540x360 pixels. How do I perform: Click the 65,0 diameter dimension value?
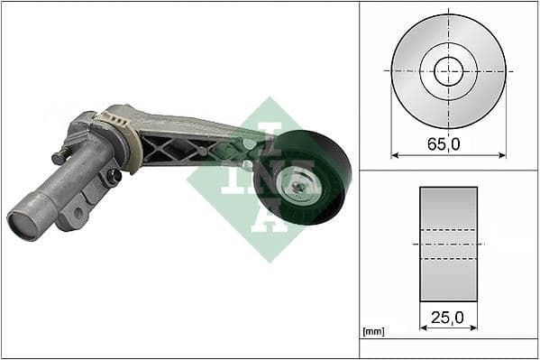[449, 143]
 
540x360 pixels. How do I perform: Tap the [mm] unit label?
[372, 332]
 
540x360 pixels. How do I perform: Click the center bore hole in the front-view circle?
[448, 70]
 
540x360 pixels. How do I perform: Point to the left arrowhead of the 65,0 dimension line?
[395, 154]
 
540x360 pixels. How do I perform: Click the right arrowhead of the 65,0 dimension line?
[502, 154]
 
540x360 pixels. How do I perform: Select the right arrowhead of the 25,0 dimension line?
[474, 328]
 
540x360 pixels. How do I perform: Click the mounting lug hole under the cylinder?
[78, 214]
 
